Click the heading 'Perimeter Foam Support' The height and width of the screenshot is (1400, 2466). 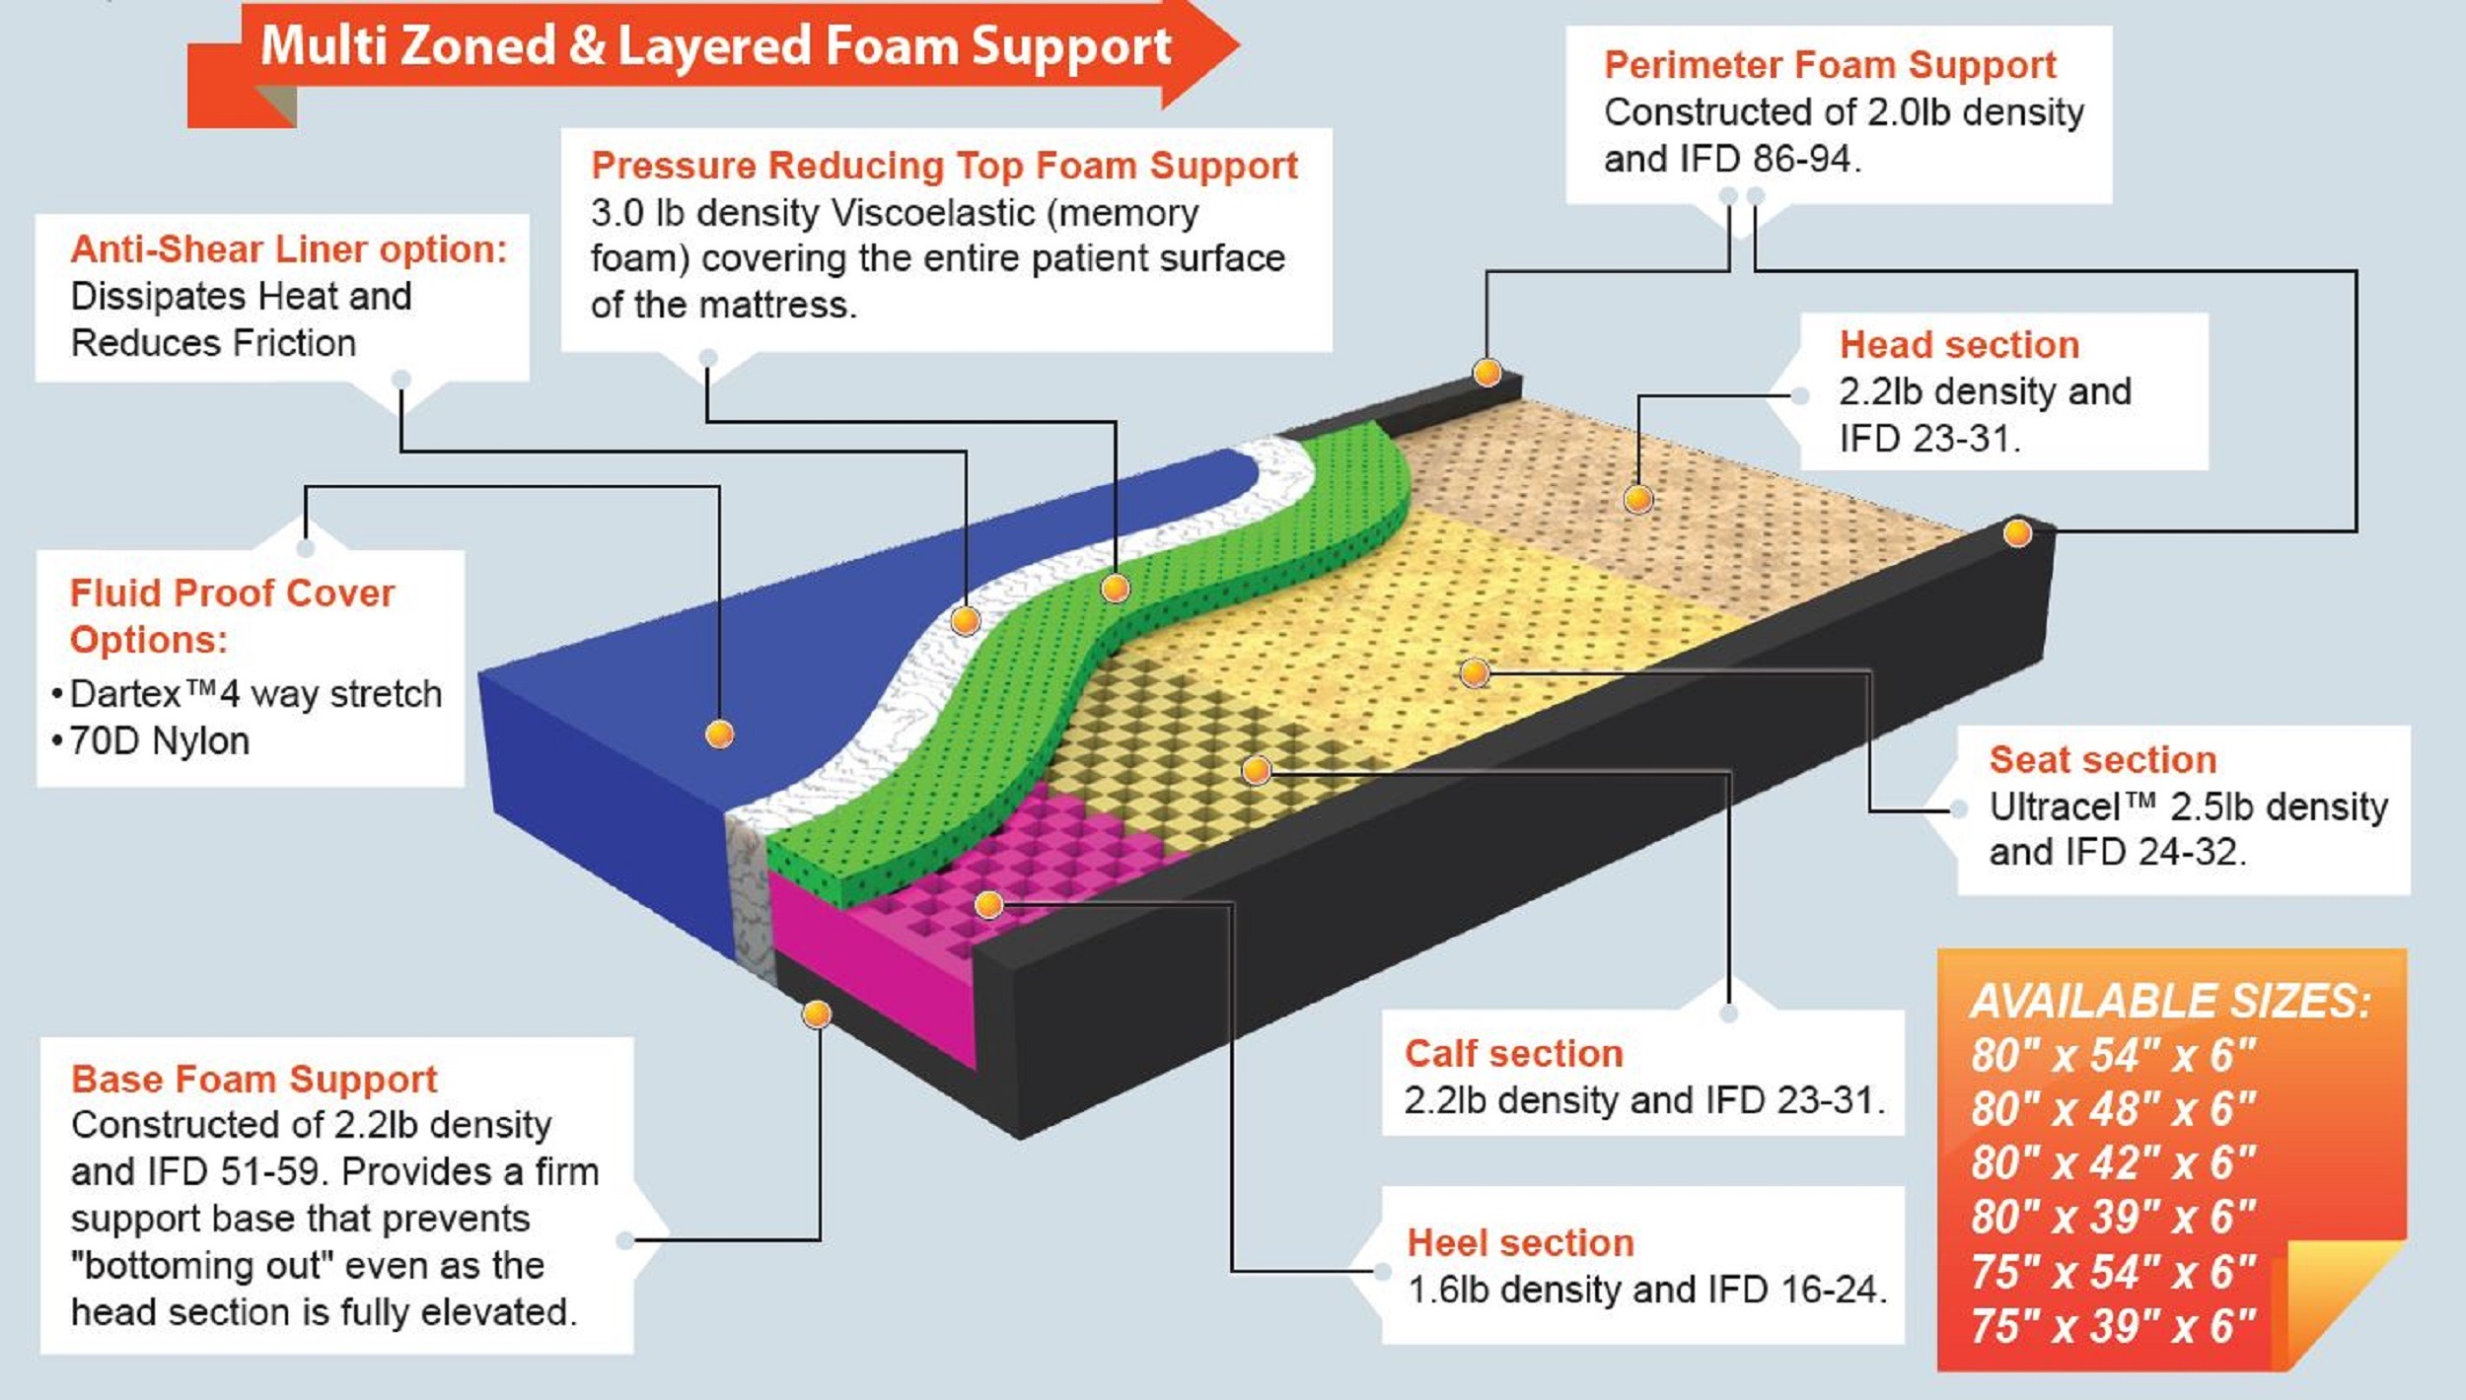point(1830,65)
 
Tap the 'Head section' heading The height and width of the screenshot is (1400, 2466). point(1959,345)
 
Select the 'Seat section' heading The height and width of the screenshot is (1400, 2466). point(2102,760)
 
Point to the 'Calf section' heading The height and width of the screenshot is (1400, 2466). point(1513,1054)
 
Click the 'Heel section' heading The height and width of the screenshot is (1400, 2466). point(1520,1243)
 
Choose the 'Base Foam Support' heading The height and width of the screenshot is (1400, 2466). point(254,1080)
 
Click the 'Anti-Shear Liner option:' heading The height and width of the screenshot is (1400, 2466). point(289,249)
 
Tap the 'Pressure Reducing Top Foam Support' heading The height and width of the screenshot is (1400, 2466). point(944,166)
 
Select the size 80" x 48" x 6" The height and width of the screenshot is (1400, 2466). point(2113,1110)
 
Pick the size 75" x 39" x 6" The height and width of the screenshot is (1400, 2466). point(2113,1327)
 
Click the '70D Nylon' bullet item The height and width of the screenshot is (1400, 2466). point(159,741)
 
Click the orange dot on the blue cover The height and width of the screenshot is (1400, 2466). point(720,735)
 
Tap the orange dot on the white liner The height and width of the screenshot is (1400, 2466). point(965,621)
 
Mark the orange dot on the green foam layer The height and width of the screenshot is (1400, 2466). point(1115,589)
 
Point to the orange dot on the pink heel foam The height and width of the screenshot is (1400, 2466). point(989,904)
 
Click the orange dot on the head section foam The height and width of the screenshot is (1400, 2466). point(1638,499)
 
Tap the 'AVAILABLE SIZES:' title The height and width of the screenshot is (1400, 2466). point(2170,1002)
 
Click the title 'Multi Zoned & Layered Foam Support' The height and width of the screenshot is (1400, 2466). point(715,46)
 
